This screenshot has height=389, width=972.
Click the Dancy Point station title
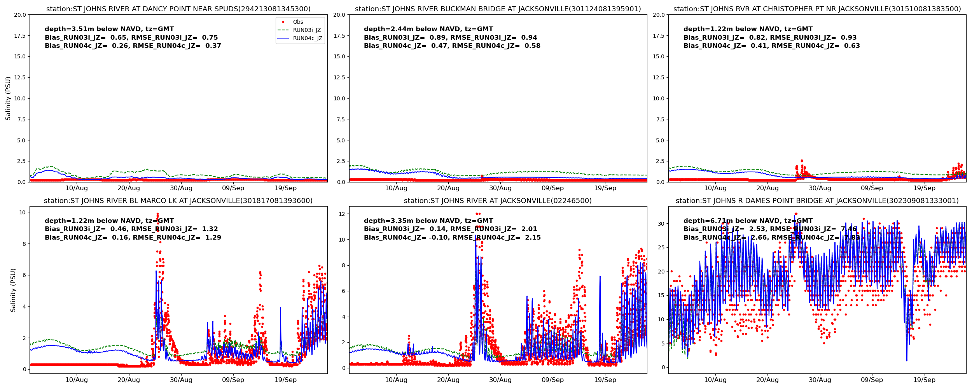178,9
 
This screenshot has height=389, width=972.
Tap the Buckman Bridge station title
498,9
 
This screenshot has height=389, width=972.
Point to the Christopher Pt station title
817,9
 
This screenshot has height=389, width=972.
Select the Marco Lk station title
178,201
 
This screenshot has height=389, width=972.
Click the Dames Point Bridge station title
817,201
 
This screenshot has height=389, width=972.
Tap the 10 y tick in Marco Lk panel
22,212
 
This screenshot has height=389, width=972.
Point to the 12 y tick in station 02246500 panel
342,214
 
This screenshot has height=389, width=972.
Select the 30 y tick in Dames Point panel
661,224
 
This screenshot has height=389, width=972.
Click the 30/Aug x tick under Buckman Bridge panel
500,188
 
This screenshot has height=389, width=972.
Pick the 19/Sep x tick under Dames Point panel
924,380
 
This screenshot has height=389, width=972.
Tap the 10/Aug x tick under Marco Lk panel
77,380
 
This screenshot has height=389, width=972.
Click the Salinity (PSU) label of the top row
8,98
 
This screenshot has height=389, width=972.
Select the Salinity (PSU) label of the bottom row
13,290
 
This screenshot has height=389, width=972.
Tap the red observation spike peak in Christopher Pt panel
802,161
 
